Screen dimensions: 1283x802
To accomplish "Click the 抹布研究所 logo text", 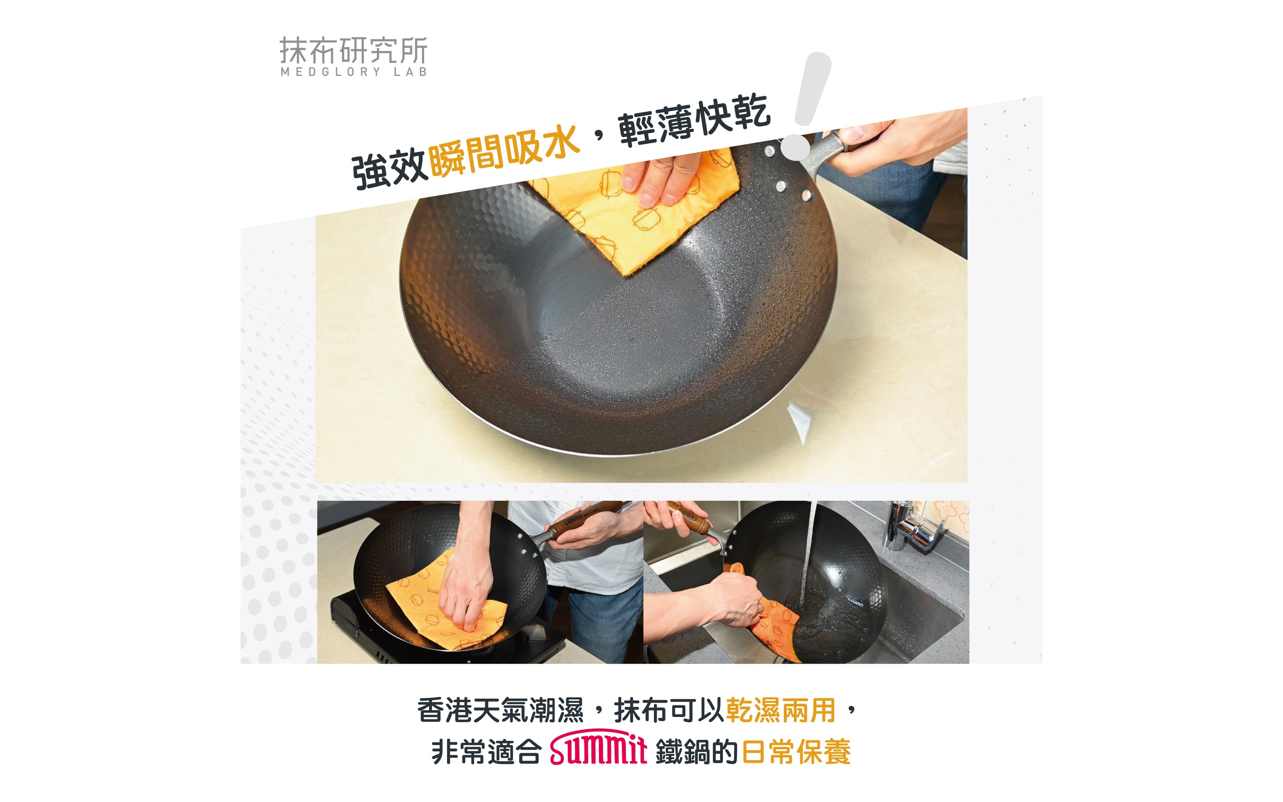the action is tap(353, 51).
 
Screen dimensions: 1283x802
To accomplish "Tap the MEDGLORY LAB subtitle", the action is tap(354, 72).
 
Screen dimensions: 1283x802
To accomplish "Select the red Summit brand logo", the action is tap(599, 747).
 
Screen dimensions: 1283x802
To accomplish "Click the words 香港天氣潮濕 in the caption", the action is tap(500, 710).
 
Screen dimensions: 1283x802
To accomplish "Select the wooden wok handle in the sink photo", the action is tap(689, 517).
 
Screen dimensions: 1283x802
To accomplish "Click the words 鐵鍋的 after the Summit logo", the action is tap(697, 751).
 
